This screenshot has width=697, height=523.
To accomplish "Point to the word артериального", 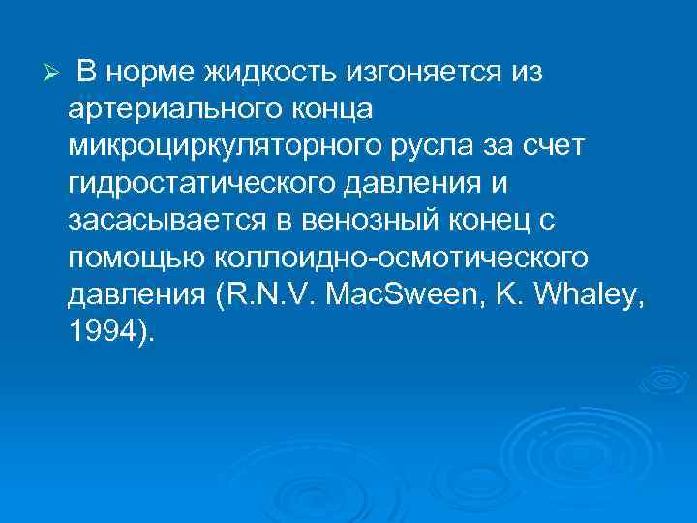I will coord(177,109).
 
